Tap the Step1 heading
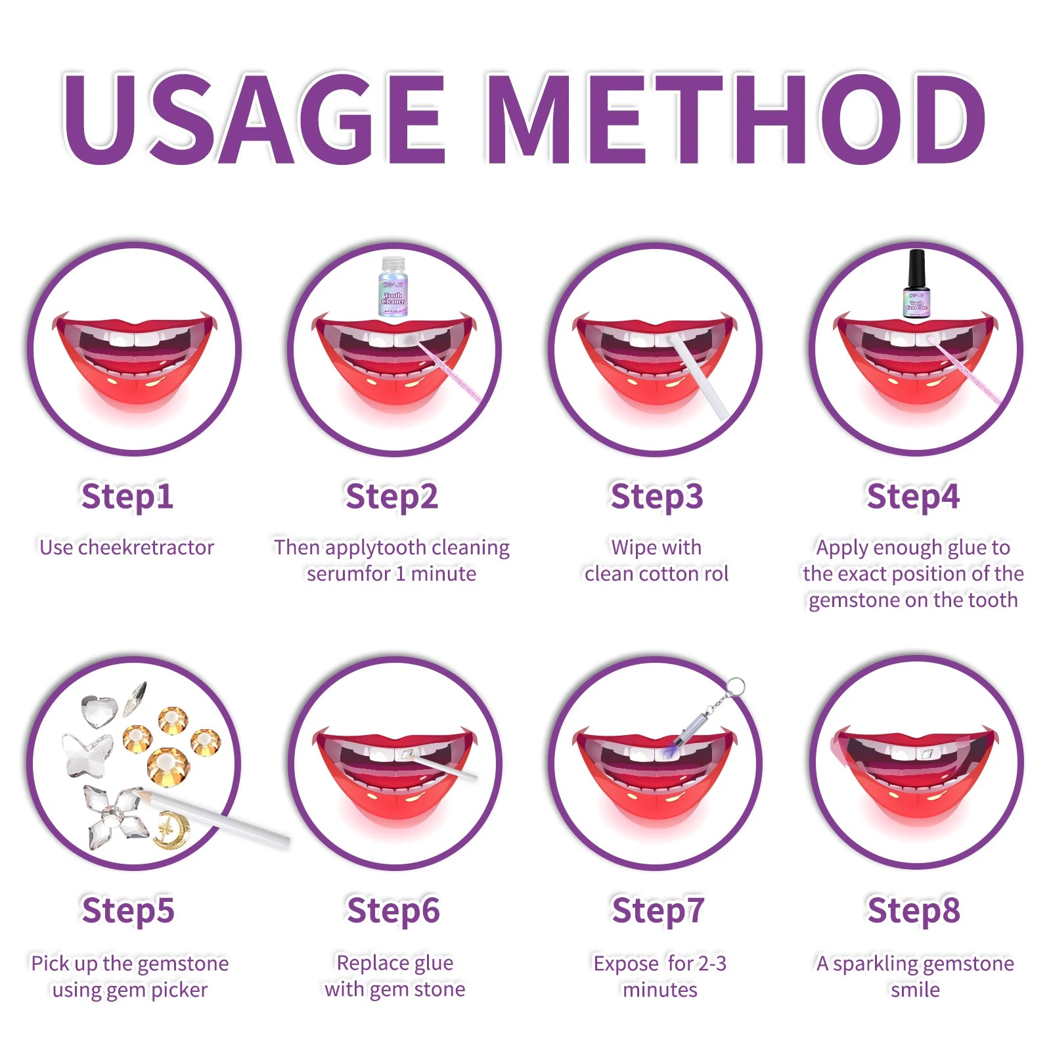click(x=127, y=496)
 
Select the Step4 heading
click(x=913, y=496)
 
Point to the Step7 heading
click(x=658, y=910)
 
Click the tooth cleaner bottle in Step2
click(x=393, y=287)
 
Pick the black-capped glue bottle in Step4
click(x=916, y=284)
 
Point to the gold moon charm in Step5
click(x=172, y=829)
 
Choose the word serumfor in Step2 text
click(x=348, y=573)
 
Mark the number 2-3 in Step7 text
click(x=712, y=963)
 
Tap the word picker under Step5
click(x=179, y=989)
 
